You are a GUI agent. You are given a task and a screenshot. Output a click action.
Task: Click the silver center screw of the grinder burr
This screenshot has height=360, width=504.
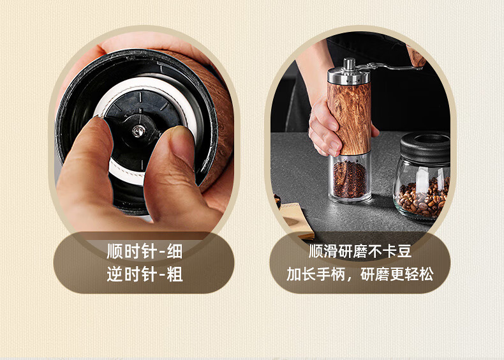click(138, 131)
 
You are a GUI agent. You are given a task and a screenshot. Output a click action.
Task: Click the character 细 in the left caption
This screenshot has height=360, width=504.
click(175, 251)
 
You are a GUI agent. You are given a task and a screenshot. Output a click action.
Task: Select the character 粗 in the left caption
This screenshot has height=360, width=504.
click(175, 274)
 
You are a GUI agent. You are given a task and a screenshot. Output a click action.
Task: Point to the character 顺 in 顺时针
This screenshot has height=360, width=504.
click(115, 251)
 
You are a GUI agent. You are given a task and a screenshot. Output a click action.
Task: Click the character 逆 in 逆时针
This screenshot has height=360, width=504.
click(115, 274)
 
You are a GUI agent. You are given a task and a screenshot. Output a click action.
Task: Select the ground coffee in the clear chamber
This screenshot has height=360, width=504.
click(350, 179)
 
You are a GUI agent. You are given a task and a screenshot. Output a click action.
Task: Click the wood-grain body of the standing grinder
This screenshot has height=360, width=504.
click(350, 117)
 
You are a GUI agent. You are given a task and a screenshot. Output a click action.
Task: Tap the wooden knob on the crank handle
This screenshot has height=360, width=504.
click(415, 56)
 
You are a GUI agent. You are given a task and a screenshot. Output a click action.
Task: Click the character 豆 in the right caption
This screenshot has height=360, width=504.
click(404, 251)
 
